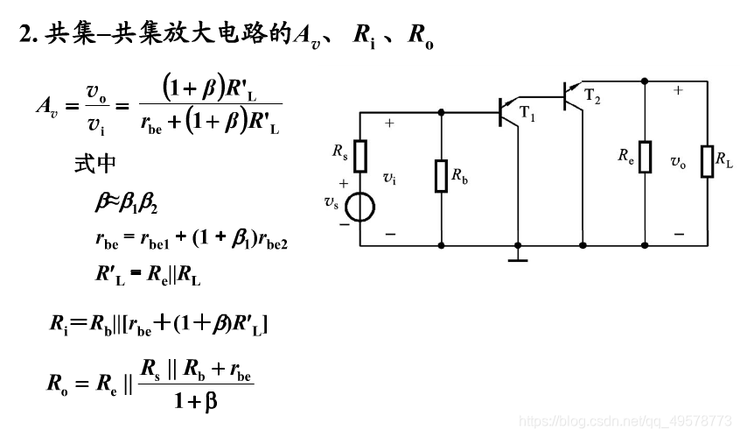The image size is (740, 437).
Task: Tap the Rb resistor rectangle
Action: (441, 176)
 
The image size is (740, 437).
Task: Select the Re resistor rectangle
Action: (645, 157)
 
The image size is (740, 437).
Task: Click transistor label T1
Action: (527, 112)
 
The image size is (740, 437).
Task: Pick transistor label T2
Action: (592, 96)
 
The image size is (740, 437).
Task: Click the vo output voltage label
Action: (678, 161)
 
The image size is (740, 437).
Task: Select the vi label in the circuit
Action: (389, 178)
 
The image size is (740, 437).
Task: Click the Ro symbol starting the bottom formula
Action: (56, 384)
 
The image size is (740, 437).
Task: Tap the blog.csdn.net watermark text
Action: (625, 421)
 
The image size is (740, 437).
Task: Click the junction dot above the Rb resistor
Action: (441, 112)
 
